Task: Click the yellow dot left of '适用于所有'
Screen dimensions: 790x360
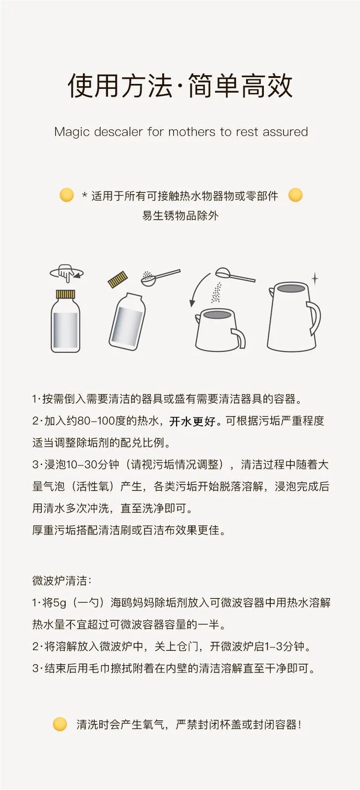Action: click(x=67, y=195)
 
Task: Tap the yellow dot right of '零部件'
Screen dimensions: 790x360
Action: click(x=295, y=195)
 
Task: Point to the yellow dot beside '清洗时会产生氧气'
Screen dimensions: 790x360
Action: click(x=60, y=724)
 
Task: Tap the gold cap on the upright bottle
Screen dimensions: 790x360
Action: click(x=66, y=295)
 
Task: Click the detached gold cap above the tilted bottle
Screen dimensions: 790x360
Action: click(x=118, y=279)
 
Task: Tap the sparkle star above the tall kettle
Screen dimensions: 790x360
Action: click(x=314, y=279)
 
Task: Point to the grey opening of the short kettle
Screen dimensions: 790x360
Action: click(x=217, y=315)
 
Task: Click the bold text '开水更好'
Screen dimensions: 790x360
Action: click(x=193, y=421)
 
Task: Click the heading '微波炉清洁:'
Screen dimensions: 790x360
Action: click(x=62, y=581)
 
